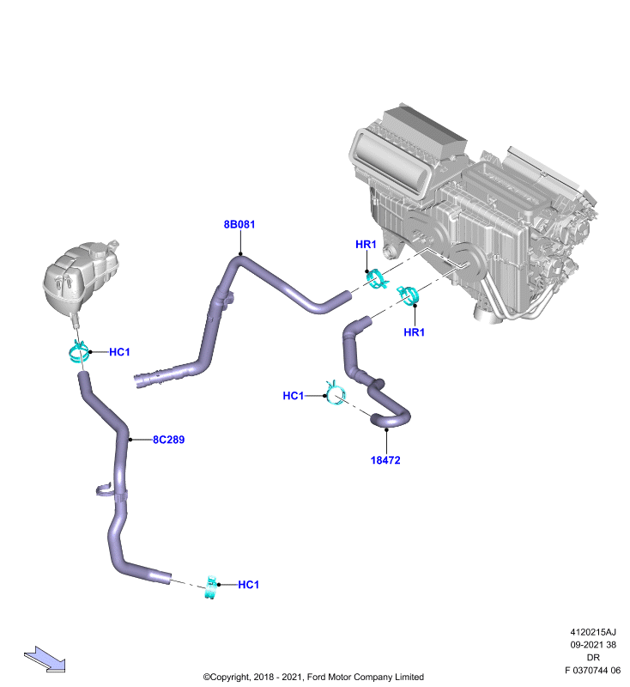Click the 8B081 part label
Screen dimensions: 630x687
click(x=239, y=224)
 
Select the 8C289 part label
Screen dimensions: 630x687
click(x=168, y=440)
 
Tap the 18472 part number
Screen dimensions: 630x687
click(x=385, y=460)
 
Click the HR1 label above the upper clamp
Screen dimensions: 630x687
click(x=366, y=244)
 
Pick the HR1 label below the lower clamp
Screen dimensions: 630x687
click(x=414, y=332)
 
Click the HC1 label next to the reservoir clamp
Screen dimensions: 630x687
click(x=119, y=352)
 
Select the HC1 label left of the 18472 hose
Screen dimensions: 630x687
click(x=293, y=396)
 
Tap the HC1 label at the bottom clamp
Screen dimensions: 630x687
click(x=248, y=585)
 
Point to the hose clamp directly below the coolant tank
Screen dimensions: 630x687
click(x=79, y=352)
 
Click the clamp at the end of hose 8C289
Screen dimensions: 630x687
click(x=211, y=587)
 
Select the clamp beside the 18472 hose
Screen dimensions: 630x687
click(x=336, y=392)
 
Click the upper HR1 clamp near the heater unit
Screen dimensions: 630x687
click(x=377, y=280)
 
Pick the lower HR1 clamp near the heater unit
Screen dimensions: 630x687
click(x=408, y=295)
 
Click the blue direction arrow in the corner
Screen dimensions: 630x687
click(x=45, y=660)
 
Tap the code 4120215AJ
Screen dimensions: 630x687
click(x=593, y=632)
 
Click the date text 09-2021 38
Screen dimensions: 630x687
click(x=593, y=645)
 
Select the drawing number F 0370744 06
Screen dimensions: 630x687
click(x=592, y=671)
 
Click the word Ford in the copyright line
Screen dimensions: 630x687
click(x=316, y=677)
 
